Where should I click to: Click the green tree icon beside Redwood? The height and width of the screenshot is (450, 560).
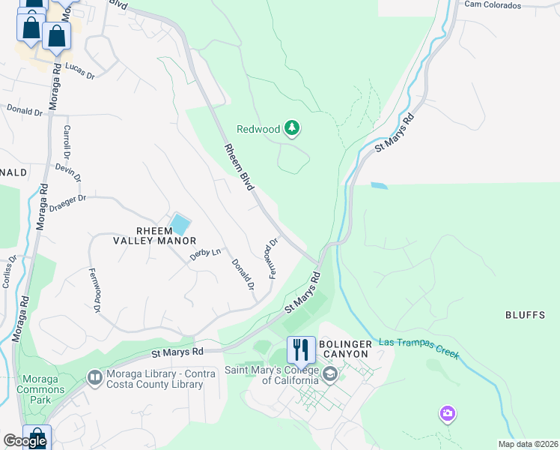click(x=292, y=129)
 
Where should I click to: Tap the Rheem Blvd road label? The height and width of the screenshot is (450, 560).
click(x=237, y=166)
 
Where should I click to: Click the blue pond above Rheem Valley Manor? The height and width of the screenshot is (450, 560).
click(x=180, y=223)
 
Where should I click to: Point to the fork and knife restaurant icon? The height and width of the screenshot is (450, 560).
click(x=301, y=349)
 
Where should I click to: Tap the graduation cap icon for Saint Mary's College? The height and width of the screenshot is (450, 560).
click(x=329, y=373)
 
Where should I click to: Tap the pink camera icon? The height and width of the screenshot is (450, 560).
click(x=448, y=413)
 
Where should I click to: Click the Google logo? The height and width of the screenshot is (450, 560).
click(x=25, y=441)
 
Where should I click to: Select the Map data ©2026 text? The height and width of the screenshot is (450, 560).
click(x=528, y=444)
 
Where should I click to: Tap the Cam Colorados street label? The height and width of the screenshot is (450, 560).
click(x=492, y=5)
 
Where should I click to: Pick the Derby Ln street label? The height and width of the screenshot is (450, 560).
click(x=206, y=254)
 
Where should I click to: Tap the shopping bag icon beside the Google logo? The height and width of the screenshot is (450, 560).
click(x=36, y=438)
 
